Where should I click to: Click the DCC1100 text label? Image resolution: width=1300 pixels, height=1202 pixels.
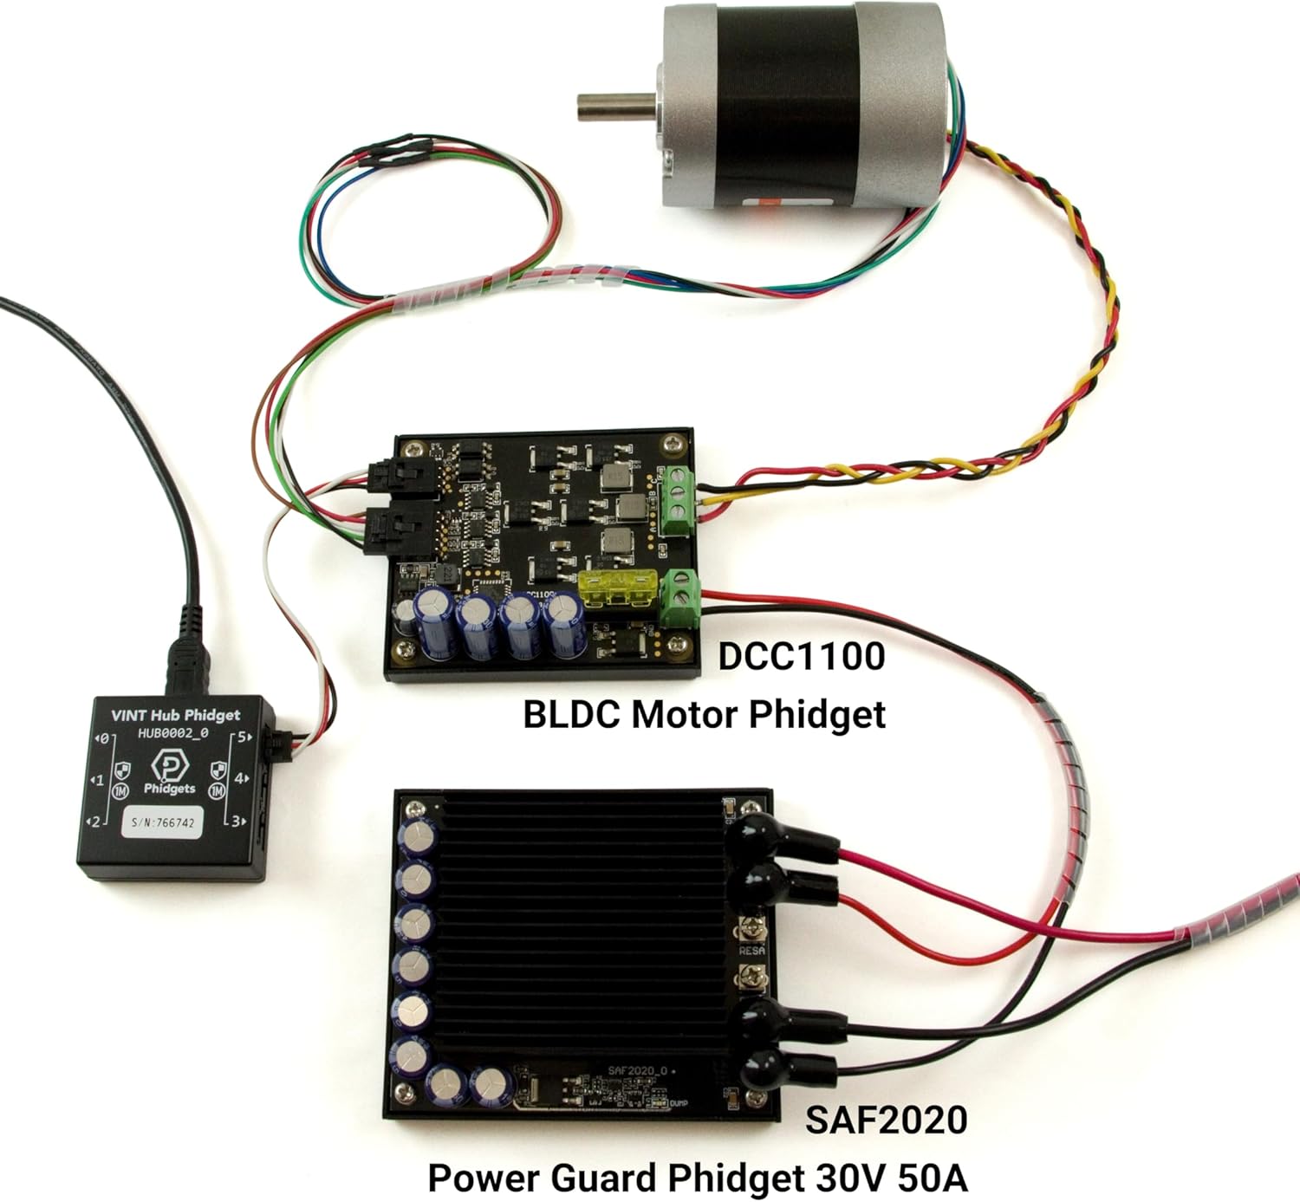[x=801, y=656]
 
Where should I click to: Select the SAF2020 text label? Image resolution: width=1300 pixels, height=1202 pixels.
[x=886, y=1120]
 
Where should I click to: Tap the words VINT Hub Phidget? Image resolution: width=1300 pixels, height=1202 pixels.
[x=175, y=715]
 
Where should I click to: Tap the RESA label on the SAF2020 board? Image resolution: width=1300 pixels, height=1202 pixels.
[x=751, y=951]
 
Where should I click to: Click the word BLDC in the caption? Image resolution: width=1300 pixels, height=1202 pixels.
[x=572, y=715]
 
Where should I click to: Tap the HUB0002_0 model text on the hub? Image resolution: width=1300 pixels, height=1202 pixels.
[x=173, y=733]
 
